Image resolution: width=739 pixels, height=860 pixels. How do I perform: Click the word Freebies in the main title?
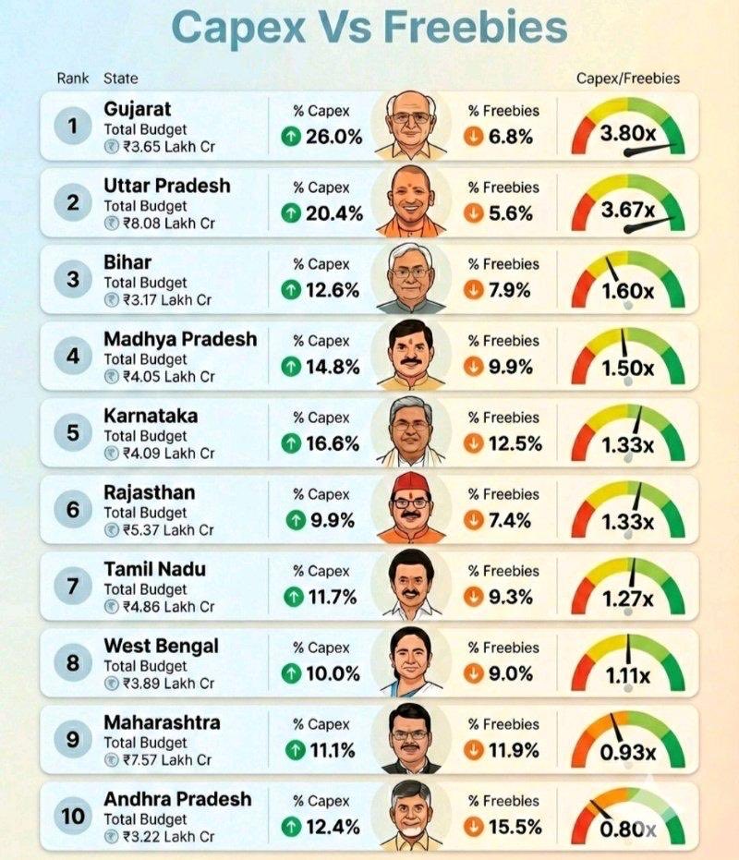(476, 27)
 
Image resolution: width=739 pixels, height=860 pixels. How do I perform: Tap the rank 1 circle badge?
(73, 127)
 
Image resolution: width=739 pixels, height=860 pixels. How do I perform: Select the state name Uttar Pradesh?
(166, 186)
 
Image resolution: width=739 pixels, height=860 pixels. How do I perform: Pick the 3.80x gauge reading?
(628, 135)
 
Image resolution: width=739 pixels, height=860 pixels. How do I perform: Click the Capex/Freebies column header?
(627, 79)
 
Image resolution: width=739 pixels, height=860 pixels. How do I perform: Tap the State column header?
(120, 79)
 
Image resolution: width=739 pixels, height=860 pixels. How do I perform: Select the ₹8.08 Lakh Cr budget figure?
(167, 223)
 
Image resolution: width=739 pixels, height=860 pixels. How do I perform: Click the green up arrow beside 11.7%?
(294, 598)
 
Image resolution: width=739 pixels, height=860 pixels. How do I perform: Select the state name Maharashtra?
(162, 721)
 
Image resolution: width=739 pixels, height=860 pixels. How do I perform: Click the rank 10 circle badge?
(73, 817)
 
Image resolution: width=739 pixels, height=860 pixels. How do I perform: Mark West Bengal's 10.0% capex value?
(333, 674)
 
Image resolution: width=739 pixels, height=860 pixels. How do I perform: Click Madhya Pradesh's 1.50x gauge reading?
(628, 368)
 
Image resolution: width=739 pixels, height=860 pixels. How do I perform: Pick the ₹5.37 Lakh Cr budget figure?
(167, 530)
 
